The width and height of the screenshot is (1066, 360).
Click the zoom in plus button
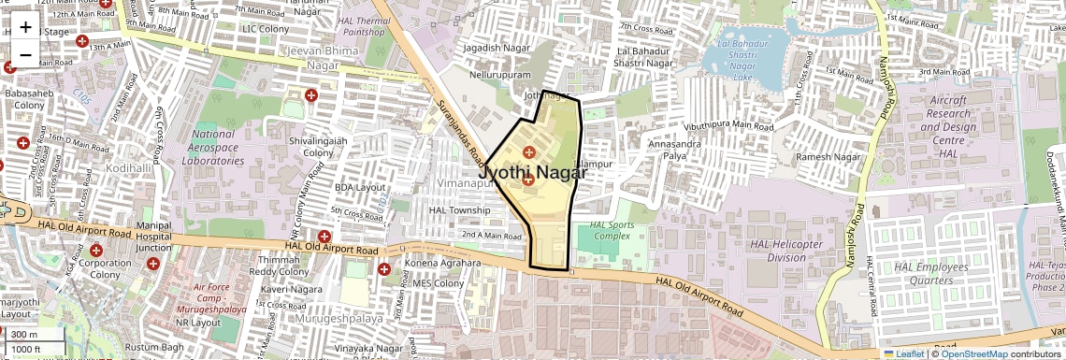coord(25,26)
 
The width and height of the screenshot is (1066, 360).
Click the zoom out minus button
coord(25,54)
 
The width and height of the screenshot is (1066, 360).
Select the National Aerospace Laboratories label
coord(211,147)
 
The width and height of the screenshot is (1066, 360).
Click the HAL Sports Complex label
coord(611,230)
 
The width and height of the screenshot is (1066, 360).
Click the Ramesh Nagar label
coord(828,157)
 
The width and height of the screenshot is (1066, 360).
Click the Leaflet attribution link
coord(903,353)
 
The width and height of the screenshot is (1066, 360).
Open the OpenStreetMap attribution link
coord(973,353)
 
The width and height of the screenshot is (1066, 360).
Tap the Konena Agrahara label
coord(440,265)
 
